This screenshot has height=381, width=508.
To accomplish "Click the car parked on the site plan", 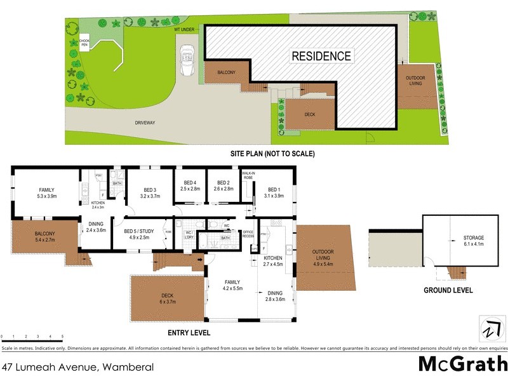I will coord(187,60).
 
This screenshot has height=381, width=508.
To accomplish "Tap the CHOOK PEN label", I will coord(84,43).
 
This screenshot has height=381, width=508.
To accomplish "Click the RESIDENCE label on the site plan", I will coord(321,56).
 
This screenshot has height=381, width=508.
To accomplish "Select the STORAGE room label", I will coord(473,240).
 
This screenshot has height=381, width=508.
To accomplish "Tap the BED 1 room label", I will coord(274,192).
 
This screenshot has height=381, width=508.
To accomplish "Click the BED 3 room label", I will coord(150,192).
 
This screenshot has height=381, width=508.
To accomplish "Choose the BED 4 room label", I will coord(190,185).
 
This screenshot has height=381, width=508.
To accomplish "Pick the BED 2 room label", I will coord(224,185).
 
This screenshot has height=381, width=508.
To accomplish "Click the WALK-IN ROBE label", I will coord(247,175).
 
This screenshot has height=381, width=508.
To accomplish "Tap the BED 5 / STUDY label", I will coord(141,234).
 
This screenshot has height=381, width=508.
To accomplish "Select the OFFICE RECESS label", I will coord(248,233).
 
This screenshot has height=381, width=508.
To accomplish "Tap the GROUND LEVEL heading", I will coord(448,290).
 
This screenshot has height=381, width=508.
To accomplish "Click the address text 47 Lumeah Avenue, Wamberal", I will coord(77,367).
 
